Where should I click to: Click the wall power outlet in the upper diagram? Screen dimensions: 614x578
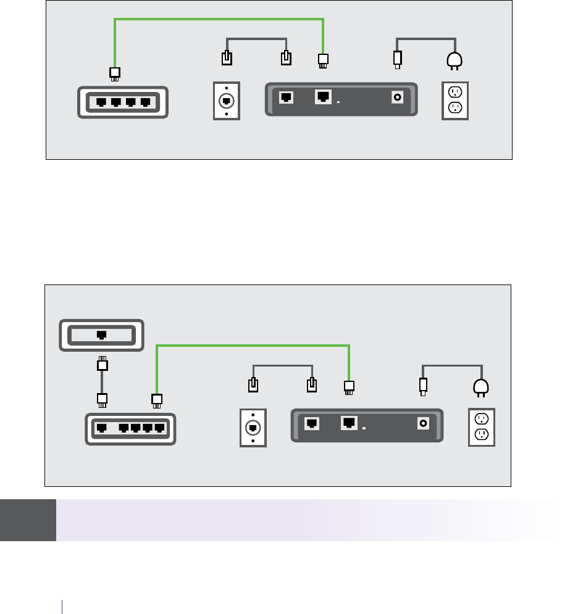point(455,101)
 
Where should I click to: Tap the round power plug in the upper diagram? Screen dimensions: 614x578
point(455,61)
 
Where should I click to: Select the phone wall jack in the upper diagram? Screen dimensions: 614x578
point(227,100)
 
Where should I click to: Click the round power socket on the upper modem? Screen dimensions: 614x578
point(398,97)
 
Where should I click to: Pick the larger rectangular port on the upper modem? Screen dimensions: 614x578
point(323,96)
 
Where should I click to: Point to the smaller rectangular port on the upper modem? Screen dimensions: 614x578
point(287,97)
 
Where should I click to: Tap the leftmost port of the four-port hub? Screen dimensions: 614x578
point(100,102)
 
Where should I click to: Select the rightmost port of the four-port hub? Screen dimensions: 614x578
point(146,102)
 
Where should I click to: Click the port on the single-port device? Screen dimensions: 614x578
point(101,335)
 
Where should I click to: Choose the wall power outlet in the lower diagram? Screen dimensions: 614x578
point(482,427)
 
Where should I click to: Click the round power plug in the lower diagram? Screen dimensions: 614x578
point(481,387)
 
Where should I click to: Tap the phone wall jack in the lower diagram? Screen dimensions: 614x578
point(252,427)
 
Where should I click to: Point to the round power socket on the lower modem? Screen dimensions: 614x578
point(424,423)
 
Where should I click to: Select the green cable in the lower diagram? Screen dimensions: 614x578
point(253,346)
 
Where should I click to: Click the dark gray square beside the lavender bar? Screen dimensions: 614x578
point(28,520)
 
